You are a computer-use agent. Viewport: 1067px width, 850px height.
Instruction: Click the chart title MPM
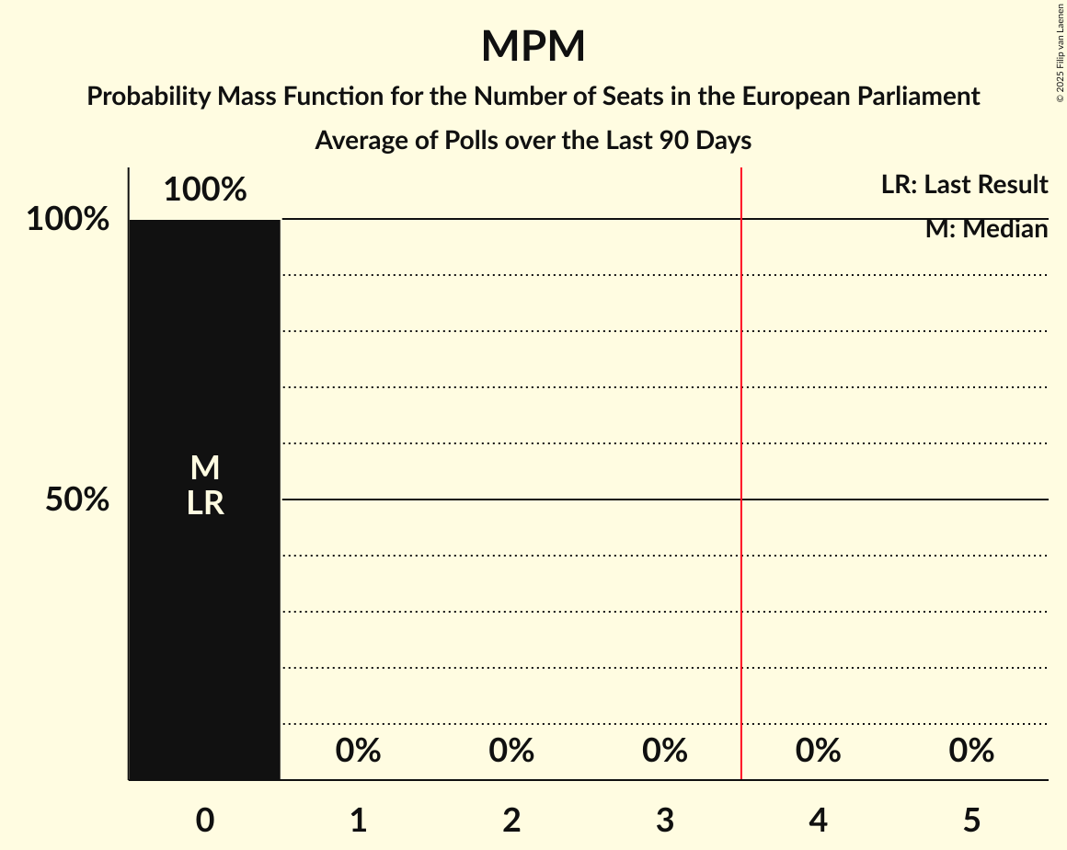click(x=533, y=46)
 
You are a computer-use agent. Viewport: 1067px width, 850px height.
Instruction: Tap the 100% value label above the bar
click(x=205, y=190)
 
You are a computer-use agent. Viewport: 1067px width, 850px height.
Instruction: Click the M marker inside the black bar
click(x=205, y=468)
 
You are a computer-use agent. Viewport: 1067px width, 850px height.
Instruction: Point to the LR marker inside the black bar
click(x=205, y=503)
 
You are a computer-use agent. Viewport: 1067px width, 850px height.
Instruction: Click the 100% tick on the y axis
click(x=67, y=220)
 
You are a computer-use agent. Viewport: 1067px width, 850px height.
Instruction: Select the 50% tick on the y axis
click(x=77, y=500)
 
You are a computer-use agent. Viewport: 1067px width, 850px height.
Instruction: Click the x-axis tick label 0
click(x=205, y=820)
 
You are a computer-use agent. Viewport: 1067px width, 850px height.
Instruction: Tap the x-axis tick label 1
click(x=359, y=820)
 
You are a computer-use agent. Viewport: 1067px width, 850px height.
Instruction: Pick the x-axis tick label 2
click(x=511, y=820)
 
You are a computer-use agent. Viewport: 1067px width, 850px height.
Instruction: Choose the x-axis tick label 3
click(x=665, y=820)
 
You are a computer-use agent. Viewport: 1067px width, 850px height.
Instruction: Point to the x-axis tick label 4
click(x=819, y=820)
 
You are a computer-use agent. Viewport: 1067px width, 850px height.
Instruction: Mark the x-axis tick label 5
click(x=971, y=820)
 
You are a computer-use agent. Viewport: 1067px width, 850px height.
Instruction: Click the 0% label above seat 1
click(x=359, y=751)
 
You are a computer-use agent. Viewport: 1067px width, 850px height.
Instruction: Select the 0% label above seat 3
click(x=665, y=751)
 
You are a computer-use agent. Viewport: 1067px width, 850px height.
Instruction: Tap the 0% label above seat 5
click(x=971, y=751)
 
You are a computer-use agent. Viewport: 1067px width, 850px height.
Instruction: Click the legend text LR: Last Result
click(x=964, y=185)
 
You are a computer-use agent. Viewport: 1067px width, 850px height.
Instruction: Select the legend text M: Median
click(x=986, y=229)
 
